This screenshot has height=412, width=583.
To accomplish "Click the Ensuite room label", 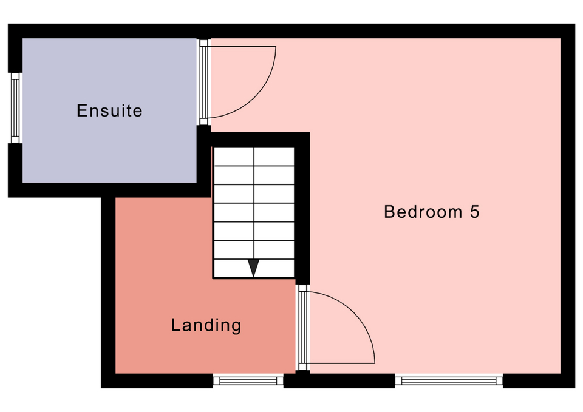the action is (x=109, y=110).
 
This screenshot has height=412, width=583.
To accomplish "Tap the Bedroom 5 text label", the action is (x=431, y=212).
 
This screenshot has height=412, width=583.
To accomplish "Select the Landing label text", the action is (x=206, y=325).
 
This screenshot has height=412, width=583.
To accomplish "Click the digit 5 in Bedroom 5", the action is (x=475, y=212).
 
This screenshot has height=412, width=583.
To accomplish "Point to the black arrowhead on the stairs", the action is (x=253, y=268).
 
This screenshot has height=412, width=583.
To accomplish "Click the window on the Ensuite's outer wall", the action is (x=15, y=108).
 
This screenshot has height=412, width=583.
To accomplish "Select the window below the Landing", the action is (x=248, y=381).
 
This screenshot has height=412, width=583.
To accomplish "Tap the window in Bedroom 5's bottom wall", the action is (x=449, y=381).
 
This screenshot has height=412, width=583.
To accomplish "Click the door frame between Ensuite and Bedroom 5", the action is (x=203, y=82).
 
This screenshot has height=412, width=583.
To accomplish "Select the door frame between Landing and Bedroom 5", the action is (x=302, y=327).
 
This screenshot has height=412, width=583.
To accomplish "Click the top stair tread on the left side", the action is (x=234, y=157).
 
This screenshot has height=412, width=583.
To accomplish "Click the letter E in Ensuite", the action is (x=81, y=110).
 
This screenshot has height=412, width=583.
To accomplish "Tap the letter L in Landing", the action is (x=176, y=325).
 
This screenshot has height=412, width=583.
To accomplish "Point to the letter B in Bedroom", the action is (x=389, y=212).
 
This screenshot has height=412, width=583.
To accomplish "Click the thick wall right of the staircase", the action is (x=302, y=208).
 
